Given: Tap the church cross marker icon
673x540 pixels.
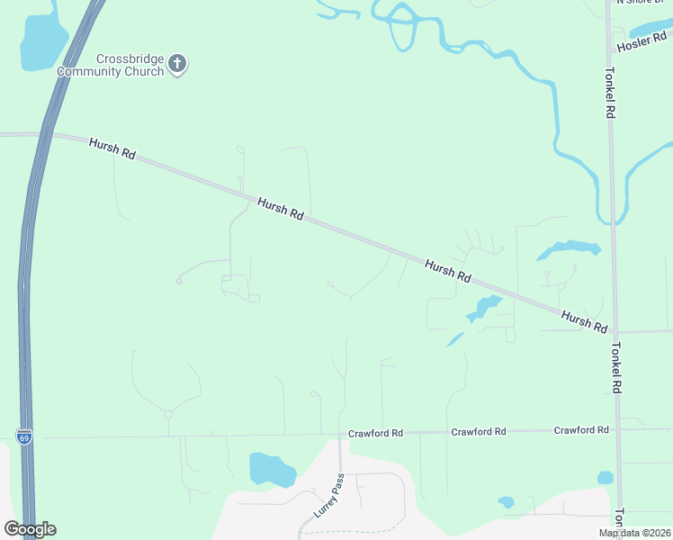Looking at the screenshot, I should click(178, 64).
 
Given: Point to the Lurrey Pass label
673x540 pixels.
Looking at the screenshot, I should click(328, 495).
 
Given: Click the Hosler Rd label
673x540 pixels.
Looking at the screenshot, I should click(640, 41).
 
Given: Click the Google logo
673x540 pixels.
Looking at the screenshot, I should click(31, 529).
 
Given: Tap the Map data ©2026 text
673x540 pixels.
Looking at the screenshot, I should click(634, 533).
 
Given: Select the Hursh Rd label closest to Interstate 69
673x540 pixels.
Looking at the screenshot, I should click(112, 148).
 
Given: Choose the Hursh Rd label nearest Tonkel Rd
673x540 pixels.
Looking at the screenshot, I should click(584, 321).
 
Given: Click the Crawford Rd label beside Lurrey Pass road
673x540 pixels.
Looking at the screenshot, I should click(375, 434).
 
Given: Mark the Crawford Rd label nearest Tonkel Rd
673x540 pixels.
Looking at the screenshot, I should click(581, 431).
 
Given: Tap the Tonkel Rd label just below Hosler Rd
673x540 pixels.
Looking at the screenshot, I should click(610, 94).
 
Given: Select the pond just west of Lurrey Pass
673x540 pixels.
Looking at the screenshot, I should click(271, 469).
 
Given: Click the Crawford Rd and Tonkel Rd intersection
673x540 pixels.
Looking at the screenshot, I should click(617, 430).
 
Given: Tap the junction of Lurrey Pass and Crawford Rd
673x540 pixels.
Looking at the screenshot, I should click(339, 436).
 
